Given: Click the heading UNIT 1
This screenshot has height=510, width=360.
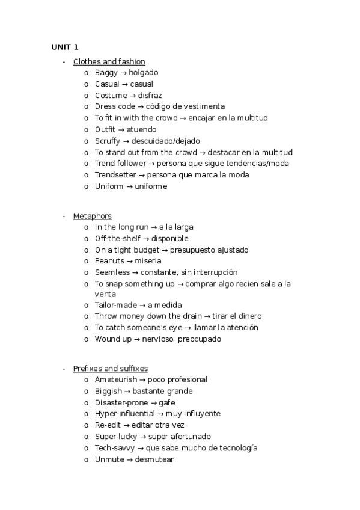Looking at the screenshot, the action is [64, 47].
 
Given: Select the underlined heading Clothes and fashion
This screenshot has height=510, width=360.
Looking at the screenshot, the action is [109, 61].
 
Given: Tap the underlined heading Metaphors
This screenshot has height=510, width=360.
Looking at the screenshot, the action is [92, 216].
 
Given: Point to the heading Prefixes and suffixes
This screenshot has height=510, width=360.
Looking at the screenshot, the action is [110, 369].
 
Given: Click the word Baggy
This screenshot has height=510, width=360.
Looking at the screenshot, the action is [106, 73].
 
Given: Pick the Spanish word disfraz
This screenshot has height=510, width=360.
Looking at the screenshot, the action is [150, 96].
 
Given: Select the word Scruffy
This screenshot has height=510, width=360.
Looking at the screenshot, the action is [108, 141].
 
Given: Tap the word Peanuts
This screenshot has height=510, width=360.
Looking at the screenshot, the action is [109, 261].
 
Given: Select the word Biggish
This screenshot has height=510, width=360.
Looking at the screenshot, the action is [109, 392].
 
